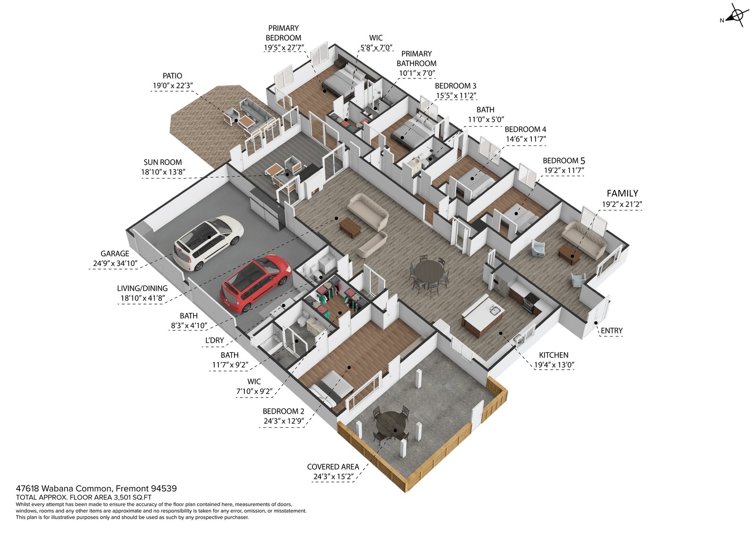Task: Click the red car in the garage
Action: pyautogui.click(x=255, y=283)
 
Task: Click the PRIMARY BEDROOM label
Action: pyautogui.click(x=283, y=33)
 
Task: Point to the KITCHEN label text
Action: pyautogui.click(x=554, y=355)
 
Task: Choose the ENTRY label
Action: pyautogui.click(x=612, y=331)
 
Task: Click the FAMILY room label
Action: pyautogui.click(x=622, y=193)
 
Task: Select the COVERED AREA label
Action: pyautogui.click(x=333, y=466)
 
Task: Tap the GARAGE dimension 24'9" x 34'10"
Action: pyautogui.click(x=115, y=263)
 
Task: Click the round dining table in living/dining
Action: pyautogui.click(x=428, y=272)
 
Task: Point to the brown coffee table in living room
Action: pyautogui.click(x=350, y=227)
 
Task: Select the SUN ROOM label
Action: pyautogui.click(x=163, y=162)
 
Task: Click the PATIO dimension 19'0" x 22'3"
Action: pyautogui.click(x=172, y=86)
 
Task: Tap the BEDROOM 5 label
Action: pyautogui.click(x=563, y=161)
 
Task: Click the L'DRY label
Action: pyautogui.click(x=215, y=340)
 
